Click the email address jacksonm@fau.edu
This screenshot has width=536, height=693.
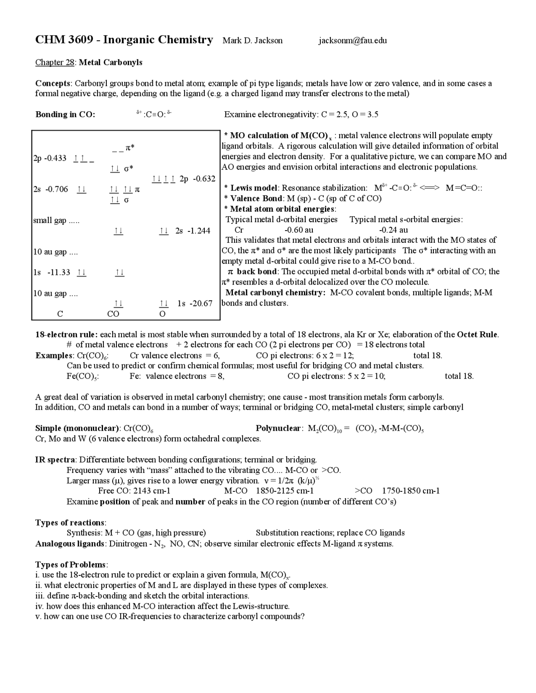tap(352, 41)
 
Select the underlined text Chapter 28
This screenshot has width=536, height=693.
tap(55, 62)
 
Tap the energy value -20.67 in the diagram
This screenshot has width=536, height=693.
tap(201, 303)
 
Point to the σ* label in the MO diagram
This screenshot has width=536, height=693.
tap(129, 168)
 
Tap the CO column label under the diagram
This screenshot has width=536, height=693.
tap(113, 314)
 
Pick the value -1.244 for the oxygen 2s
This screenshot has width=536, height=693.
tap(199, 231)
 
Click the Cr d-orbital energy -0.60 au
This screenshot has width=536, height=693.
tap(299, 230)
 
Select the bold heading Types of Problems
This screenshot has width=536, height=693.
tap(71, 565)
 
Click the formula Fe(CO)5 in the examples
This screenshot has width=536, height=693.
tap(82, 376)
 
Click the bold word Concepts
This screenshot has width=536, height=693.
tap(52, 83)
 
